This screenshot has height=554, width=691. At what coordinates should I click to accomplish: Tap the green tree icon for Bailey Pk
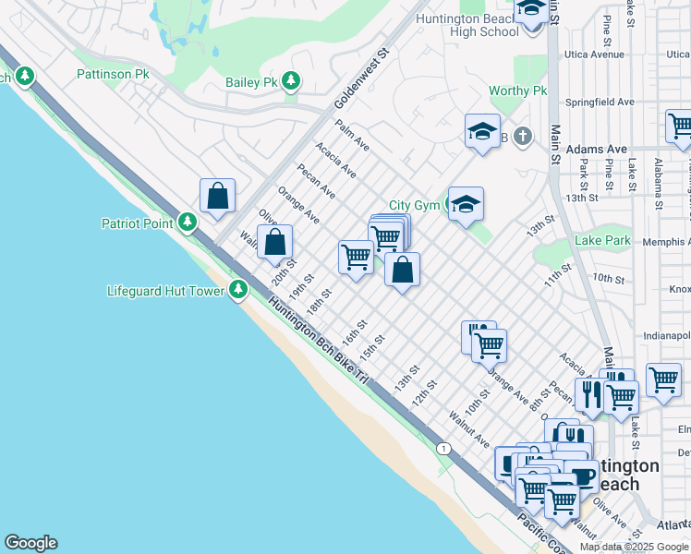pos(292,82)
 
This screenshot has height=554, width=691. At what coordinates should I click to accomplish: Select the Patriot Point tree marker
pos(188,223)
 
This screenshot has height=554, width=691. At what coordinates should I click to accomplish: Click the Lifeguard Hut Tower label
pos(166,291)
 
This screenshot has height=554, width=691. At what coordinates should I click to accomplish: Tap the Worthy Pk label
pos(517,90)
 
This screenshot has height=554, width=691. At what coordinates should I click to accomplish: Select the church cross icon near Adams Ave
pos(522,138)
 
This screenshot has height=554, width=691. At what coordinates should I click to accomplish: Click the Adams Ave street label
pos(597,149)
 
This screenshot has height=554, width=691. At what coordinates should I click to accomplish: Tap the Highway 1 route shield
pos(445,448)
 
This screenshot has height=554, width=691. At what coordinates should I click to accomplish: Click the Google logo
pos(30,543)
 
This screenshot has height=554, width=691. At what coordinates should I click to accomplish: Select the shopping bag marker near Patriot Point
pos(217,196)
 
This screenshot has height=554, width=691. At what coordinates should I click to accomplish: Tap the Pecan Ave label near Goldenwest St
pos(316,181)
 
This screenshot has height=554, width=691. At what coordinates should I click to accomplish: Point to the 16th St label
pos(354,331)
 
